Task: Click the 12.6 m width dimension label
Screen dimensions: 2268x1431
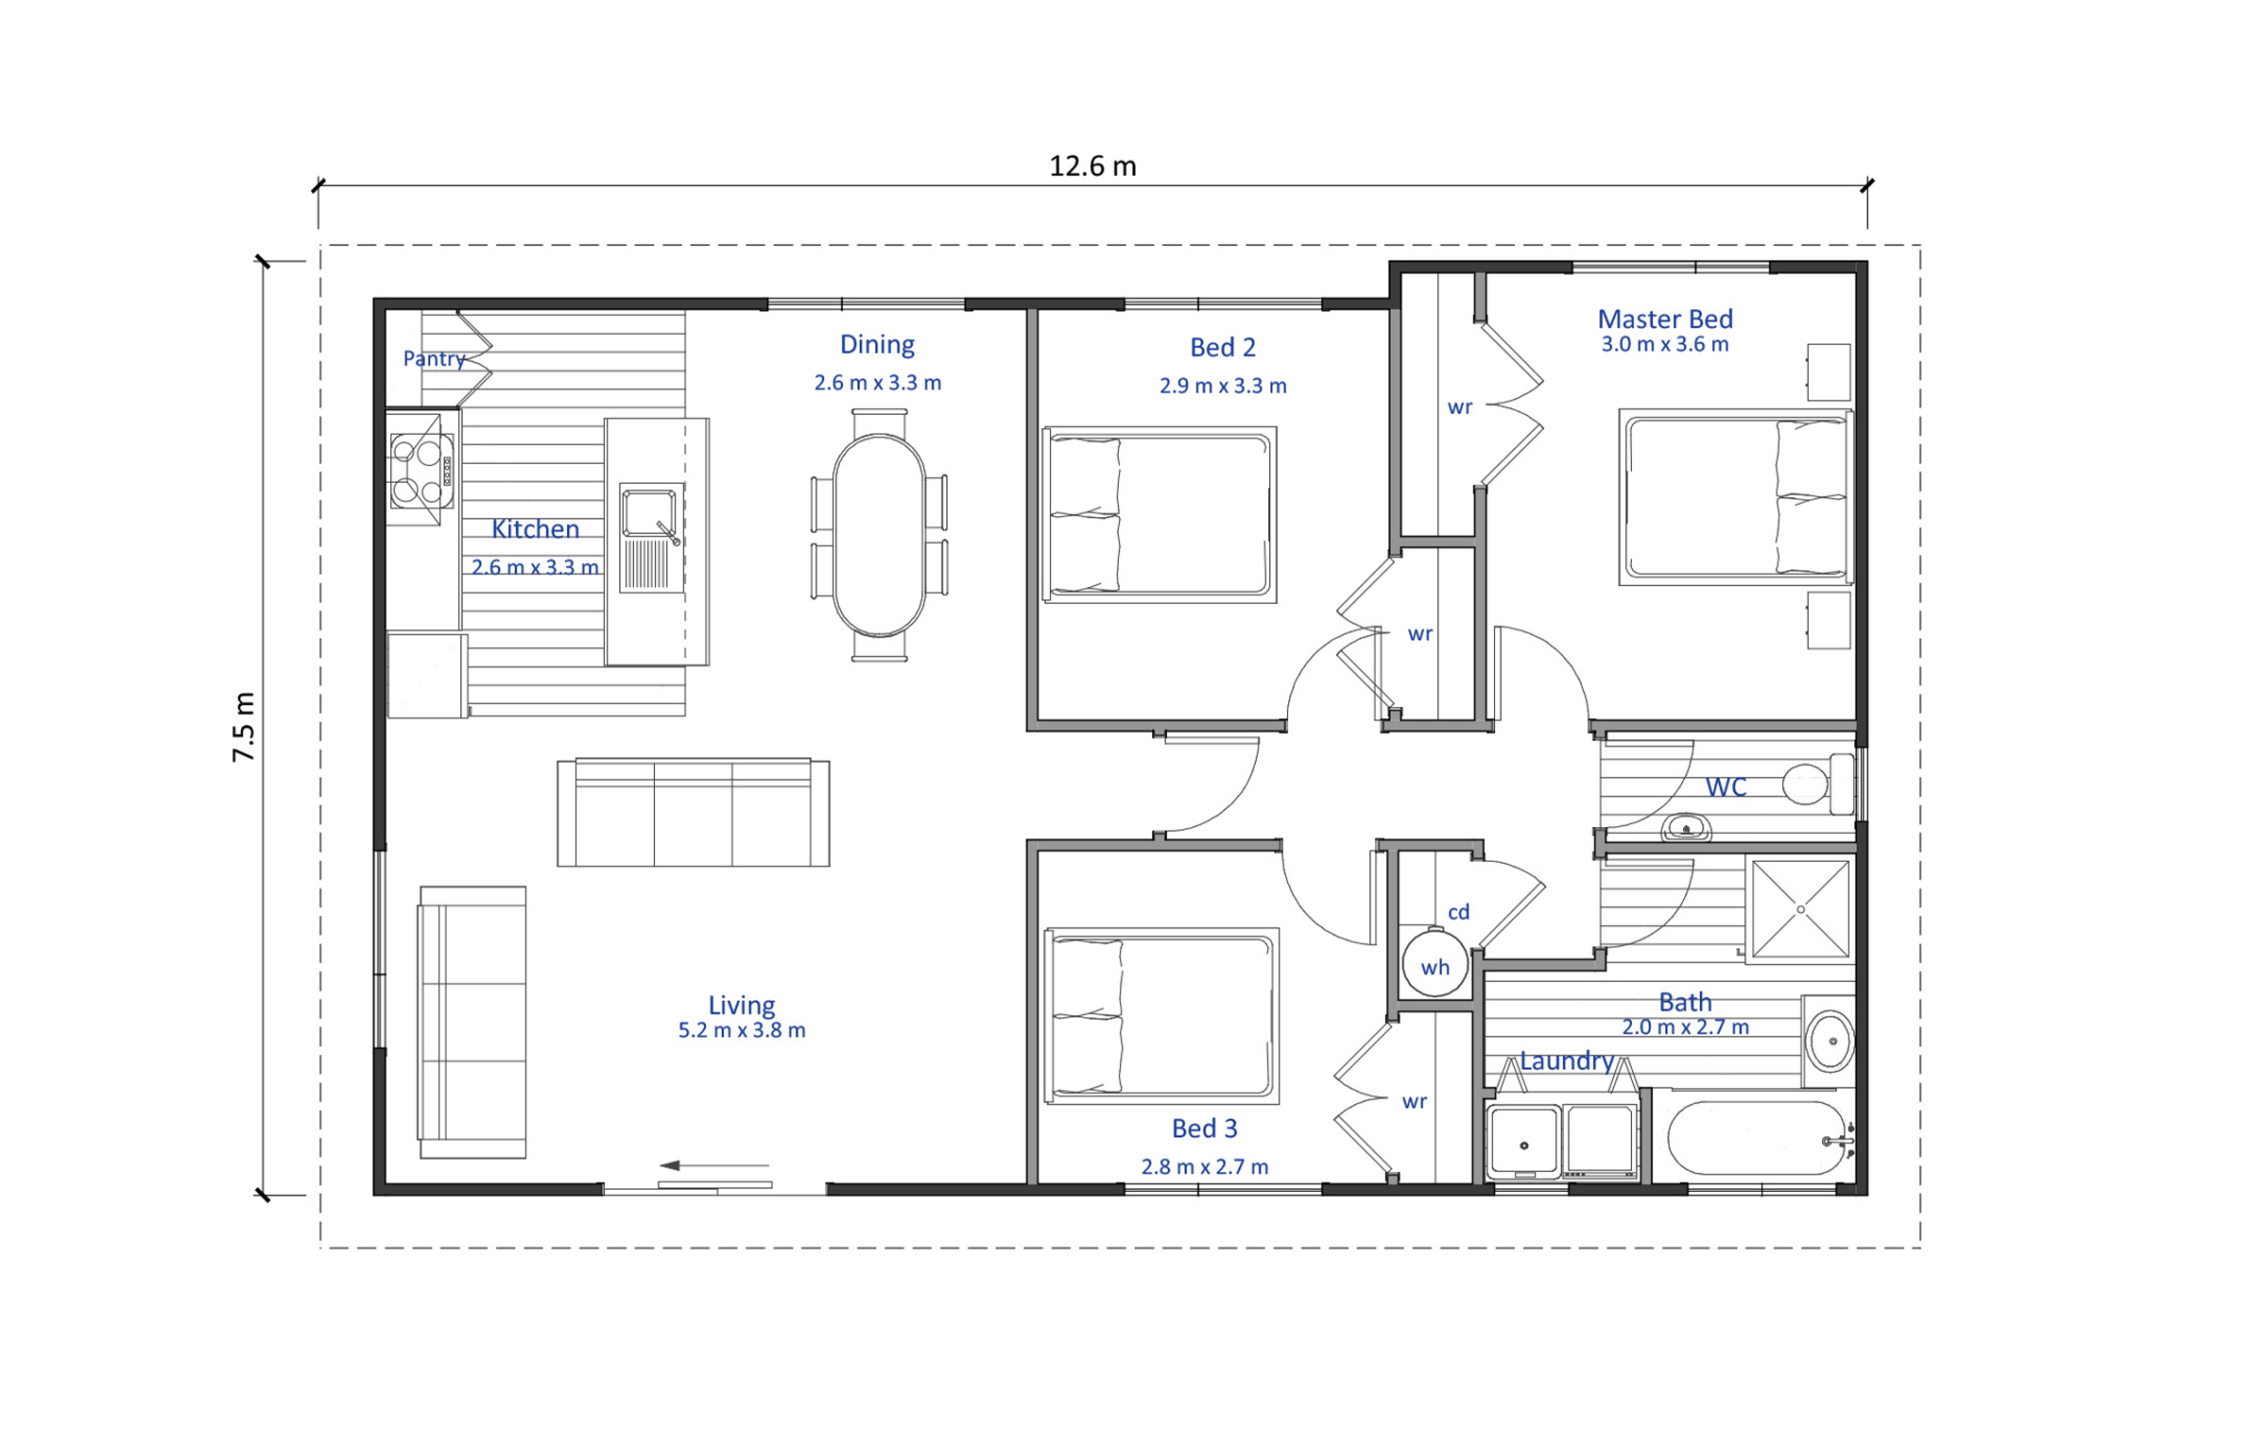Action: [x=1092, y=166]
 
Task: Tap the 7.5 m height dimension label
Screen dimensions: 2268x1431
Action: [x=244, y=727]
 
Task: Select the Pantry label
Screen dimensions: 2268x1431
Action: [x=434, y=359]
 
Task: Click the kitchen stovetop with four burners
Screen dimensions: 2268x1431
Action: [x=421, y=470]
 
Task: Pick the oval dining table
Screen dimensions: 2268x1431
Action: [x=879, y=535]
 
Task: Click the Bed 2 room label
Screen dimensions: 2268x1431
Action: [x=1223, y=348]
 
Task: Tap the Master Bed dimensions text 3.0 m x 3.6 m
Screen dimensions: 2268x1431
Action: [x=1664, y=344]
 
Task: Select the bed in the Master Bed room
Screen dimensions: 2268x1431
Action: [x=1735, y=497]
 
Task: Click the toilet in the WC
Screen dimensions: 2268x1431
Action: [x=1817, y=784]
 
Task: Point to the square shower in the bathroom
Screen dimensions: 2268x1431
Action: [x=1800, y=909]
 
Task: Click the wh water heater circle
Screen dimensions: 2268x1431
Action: [x=1435, y=964]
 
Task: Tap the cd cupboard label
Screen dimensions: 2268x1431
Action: [x=1458, y=912]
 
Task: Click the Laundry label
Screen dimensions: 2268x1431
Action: [x=1566, y=1060]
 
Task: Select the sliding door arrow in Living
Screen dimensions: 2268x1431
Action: [x=713, y=1165]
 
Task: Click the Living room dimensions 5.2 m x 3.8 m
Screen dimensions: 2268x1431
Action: [x=742, y=1030]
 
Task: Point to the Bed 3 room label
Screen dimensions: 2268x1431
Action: [x=1204, y=1129]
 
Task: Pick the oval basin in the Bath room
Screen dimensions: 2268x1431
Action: [x=1830, y=1041]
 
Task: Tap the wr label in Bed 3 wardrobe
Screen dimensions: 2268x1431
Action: [x=1414, y=1102]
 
